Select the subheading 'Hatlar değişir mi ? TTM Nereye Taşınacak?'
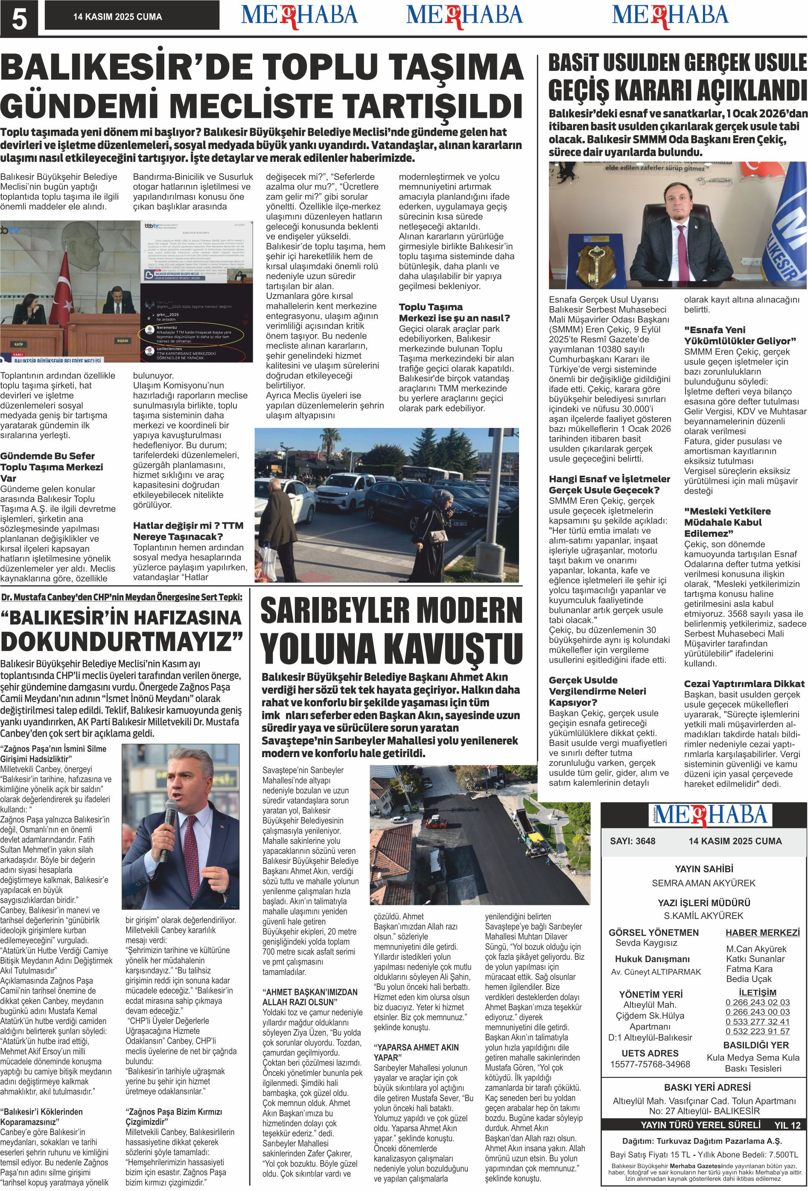point(188,531)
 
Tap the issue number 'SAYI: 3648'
point(632,841)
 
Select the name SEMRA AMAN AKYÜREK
point(703,883)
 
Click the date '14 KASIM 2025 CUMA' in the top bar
point(117,17)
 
